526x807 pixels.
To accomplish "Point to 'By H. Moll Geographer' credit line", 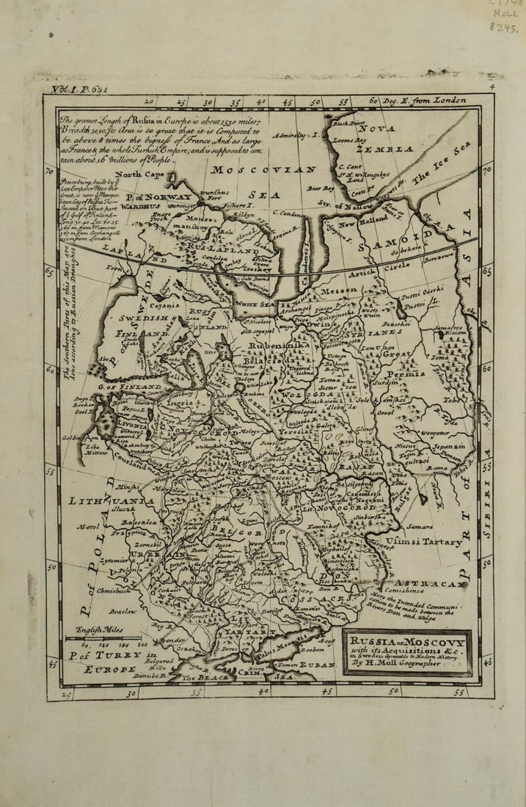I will pyautogui.click(x=408, y=663).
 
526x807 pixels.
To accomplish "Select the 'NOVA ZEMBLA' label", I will pyautogui.click(x=384, y=139).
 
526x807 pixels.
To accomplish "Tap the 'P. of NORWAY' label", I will pyautogui.click(x=158, y=197).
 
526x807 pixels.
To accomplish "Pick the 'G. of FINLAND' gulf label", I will pyautogui.click(x=131, y=386).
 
